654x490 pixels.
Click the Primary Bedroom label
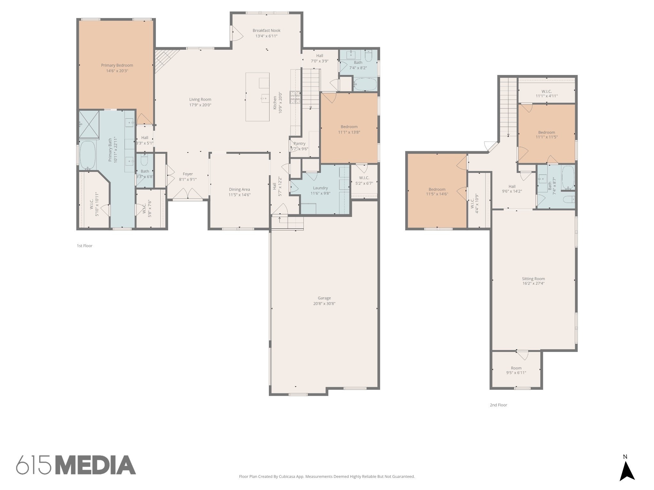(x=117, y=65)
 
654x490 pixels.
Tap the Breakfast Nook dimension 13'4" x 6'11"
(x=266, y=36)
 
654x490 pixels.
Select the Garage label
(x=324, y=298)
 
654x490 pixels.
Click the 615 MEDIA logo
(x=76, y=465)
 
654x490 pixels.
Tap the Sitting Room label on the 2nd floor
(x=533, y=278)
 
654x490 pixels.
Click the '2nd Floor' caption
(x=498, y=405)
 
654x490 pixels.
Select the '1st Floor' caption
(x=84, y=246)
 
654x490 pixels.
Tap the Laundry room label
(x=320, y=188)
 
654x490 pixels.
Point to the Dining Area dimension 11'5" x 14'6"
(x=239, y=195)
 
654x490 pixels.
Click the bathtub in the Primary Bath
(x=88, y=155)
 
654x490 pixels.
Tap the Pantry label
(x=300, y=144)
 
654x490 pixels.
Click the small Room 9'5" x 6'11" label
(x=516, y=368)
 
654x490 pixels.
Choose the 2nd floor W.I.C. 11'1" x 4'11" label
(x=546, y=91)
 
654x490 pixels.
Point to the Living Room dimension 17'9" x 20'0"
(x=200, y=105)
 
